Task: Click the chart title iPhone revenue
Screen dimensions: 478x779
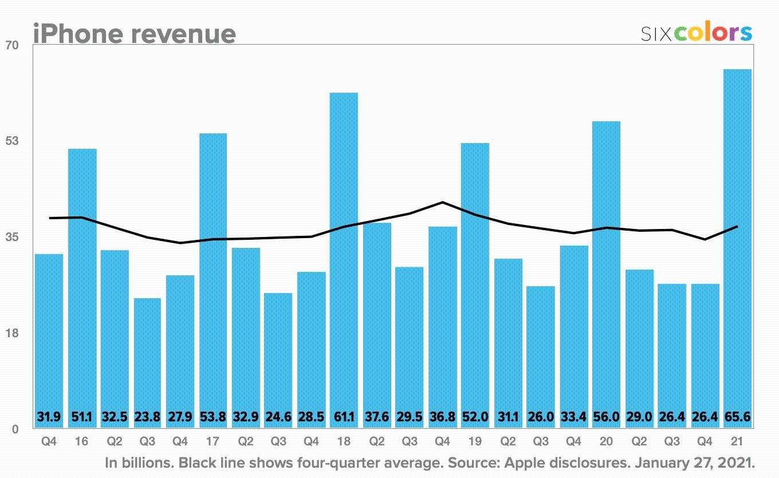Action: pyautogui.click(x=134, y=34)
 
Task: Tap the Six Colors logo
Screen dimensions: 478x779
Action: pyautogui.click(x=696, y=33)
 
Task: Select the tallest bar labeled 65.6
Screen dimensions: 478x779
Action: pyautogui.click(x=737, y=240)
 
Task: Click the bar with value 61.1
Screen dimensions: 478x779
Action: pyautogui.click(x=344, y=252)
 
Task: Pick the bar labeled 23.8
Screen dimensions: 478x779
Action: pyautogui.click(x=148, y=355)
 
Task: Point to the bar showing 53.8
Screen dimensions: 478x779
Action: pyautogui.click(x=213, y=275)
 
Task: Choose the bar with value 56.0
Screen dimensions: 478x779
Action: pyautogui.click(x=606, y=269)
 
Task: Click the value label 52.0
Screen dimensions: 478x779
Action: pyautogui.click(x=475, y=417)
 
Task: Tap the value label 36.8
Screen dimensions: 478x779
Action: pyautogui.click(x=442, y=417)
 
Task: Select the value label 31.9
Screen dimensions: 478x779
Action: pyautogui.click(x=49, y=417)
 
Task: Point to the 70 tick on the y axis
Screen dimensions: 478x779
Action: pyautogui.click(x=12, y=45)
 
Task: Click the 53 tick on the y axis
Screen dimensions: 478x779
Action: pyautogui.click(x=12, y=141)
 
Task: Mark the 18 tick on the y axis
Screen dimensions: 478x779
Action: pyautogui.click(x=12, y=333)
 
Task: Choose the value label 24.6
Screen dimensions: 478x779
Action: pyautogui.click(x=278, y=417)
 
